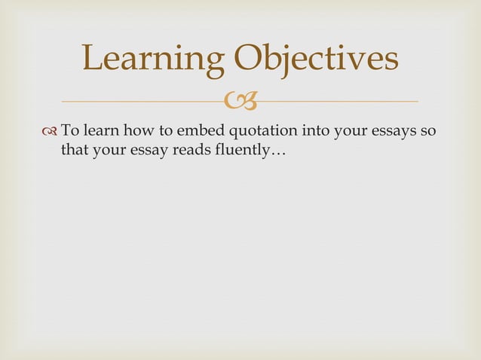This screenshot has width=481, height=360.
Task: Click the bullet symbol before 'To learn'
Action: click(51, 130)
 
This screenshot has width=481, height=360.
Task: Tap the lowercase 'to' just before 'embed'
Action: click(164, 130)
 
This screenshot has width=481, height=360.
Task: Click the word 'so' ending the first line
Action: click(428, 130)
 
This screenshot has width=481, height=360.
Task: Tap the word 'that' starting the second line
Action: click(75, 151)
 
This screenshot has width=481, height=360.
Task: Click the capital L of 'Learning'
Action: click(92, 59)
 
